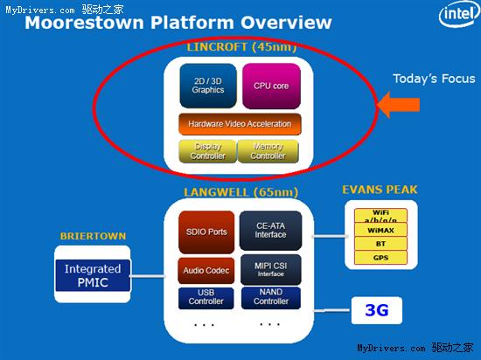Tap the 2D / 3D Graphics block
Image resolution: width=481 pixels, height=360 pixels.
click(207, 85)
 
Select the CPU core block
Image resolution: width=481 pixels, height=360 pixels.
click(270, 86)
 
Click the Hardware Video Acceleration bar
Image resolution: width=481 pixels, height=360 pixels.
click(239, 124)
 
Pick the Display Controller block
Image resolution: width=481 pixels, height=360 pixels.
click(207, 151)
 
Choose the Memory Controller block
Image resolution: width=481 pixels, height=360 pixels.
click(268, 151)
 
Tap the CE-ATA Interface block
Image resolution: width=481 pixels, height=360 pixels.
click(269, 228)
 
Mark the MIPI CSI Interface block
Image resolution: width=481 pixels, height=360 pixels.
click(269, 269)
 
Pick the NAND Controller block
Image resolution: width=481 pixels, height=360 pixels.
click(269, 297)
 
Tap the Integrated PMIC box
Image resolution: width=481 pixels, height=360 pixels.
click(93, 274)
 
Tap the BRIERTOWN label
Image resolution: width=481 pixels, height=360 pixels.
click(92, 236)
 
